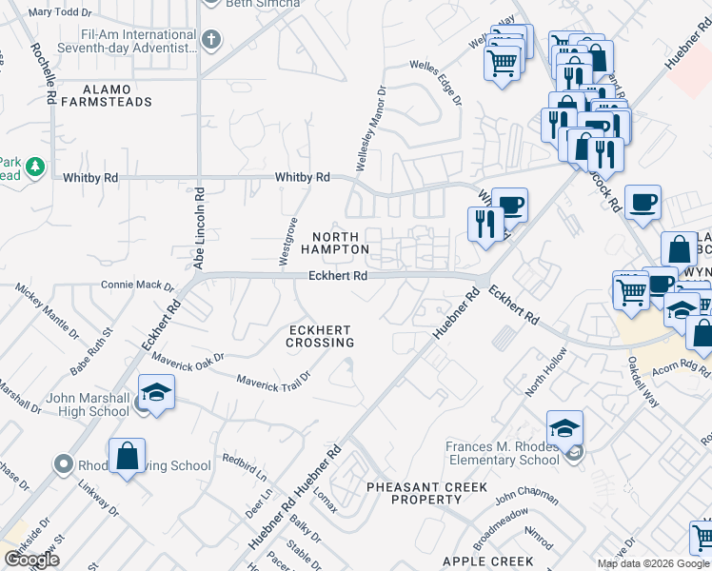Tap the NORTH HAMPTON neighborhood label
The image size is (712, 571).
coord(335,243)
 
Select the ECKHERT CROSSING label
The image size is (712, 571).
coord(322,336)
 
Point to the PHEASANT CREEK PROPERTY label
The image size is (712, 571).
coord(427,493)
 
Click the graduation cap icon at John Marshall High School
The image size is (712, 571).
coord(156,392)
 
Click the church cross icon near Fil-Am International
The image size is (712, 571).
coord(211,40)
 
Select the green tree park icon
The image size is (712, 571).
coord(35,167)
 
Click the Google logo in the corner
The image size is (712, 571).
coord(31,560)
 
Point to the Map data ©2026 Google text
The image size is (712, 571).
coord(653,563)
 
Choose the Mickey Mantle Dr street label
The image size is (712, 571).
coord(48,310)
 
